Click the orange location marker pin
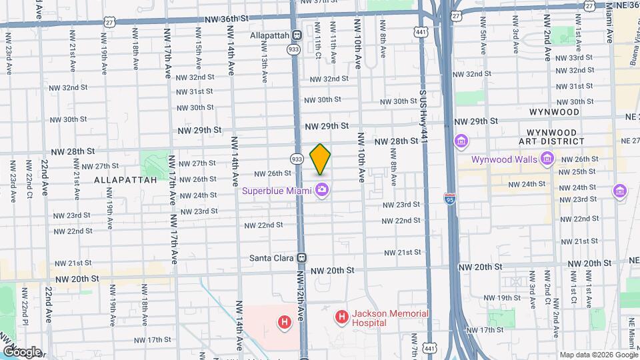pyautogui.click(x=321, y=159)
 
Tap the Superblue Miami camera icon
pyautogui.click(x=322, y=190)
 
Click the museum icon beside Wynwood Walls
pyautogui.click(x=547, y=158)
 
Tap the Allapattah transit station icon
pyautogui.click(x=297, y=35)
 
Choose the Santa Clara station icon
pyautogui.click(x=302, y=257)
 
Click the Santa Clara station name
pyautogui.click(x=271, y=257)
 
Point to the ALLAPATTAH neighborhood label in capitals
pyautogui.click(x=125, y=179)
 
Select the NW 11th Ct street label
pyautogui.click(x=318, y=42)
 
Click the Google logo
pyautogui.click(x=21, y=351)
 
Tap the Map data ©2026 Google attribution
pyautogui.click(x=598, y=355)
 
